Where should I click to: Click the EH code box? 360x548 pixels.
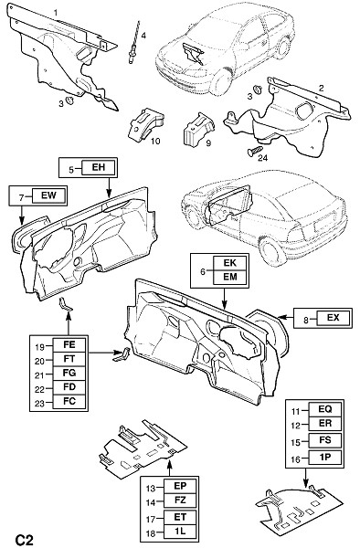(98, 167)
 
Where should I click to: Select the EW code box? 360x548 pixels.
(48, 195)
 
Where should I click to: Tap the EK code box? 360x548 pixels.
(230, 263)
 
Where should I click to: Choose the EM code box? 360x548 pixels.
(230, 277)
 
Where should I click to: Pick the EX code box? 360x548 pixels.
(334, 318)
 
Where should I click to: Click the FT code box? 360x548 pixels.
(69, 359)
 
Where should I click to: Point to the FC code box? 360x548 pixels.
(69, 401)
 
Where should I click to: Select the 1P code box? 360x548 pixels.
(325, 458)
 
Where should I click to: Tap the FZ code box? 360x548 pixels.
(180, 501)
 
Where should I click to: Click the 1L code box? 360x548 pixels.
(180, 532)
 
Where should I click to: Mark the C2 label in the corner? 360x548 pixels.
(24, 540)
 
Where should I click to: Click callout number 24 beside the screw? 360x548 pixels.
(262, 158)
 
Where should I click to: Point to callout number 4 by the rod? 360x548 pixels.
(143, 35)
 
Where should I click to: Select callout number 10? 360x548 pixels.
(155, 141)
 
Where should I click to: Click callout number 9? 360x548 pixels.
(208, 143)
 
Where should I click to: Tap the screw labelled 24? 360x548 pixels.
(254, 151)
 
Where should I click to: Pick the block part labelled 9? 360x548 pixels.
(197, 129)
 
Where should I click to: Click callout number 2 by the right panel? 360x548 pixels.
(321, 88)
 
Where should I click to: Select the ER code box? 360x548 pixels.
(325, 423)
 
